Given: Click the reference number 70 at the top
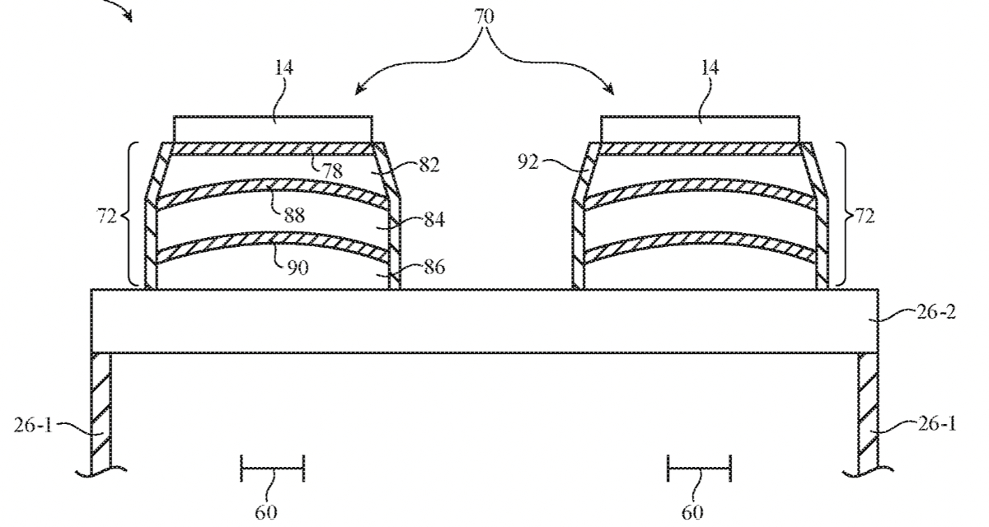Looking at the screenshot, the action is [485, 16].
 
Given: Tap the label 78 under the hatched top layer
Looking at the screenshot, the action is [332, 170].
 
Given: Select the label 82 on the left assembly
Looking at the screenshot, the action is [429, 165].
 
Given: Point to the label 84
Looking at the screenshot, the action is [434, 219].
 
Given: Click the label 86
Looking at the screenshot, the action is [434, 267].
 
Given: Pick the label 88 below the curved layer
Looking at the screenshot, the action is [294, 216].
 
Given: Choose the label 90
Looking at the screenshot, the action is [298, 268].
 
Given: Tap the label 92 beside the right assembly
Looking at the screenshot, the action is [528, 163].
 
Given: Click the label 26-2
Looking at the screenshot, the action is [936, 312].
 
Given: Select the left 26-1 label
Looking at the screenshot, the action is [33, 425].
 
